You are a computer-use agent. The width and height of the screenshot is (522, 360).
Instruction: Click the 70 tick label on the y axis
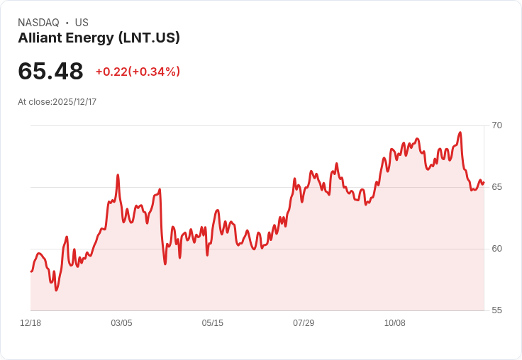click(x=496, y=125)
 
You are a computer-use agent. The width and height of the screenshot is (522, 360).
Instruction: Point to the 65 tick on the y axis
click(x=496, y=187)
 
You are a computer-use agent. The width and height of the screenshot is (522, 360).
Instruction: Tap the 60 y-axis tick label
click(x=496, y=249)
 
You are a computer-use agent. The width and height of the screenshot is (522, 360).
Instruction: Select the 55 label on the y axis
click(x=496, y=310)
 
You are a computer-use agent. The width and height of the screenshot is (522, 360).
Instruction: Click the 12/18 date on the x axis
click(x=30, y=322)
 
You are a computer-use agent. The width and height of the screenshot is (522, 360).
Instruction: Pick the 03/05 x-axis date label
click(x=121, y=322)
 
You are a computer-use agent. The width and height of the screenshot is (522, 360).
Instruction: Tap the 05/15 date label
click(x=212, y=322)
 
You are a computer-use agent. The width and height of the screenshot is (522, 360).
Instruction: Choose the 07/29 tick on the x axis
click(x=304, y=322)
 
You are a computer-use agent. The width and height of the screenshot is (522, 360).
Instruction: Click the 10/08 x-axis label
click(x=395, y=322)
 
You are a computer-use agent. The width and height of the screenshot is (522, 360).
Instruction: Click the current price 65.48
click(x=50, y=71)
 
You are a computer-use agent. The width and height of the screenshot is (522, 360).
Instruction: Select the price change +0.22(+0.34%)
click(x=138, y=72)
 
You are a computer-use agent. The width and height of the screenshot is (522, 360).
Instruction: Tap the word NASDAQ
click(x=38, y=23)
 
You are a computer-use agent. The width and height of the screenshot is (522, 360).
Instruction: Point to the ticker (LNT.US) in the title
click(x=149, y=38)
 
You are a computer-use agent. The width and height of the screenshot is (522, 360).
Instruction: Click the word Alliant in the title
click(x=40, y=38)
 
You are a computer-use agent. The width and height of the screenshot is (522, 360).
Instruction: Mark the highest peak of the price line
click(x=460, y=133)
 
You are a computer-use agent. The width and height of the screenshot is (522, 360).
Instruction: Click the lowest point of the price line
click(x=56, y=291)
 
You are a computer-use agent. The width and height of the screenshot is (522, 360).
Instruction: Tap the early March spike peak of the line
click(x=118, y=174)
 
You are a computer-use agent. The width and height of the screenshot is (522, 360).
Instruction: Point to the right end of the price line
click(x=484, y=182)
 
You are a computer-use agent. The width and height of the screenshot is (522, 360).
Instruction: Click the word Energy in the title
click(x=89, y=38)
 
